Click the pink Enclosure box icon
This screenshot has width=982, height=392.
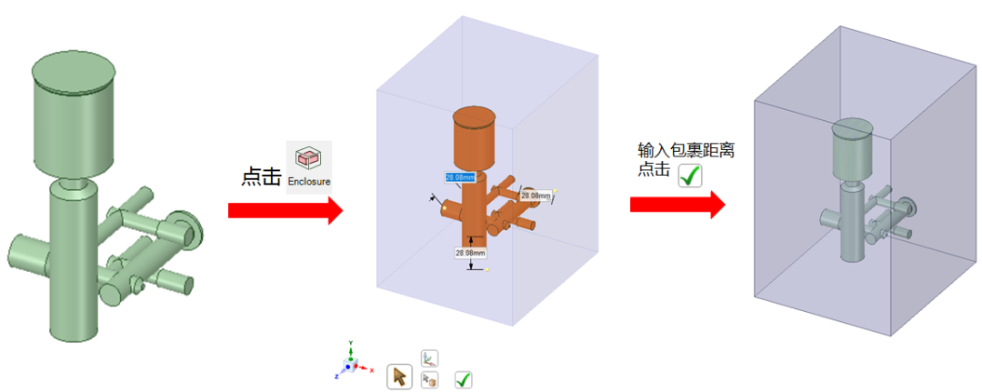point(309,159)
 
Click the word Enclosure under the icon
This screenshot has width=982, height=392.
point(309,182)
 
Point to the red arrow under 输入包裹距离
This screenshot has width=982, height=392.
point(677,205)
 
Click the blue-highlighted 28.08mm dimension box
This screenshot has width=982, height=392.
point(460,177)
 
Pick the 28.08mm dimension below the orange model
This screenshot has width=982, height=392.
point(470,252)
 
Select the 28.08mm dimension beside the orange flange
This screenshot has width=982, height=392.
point(536,196)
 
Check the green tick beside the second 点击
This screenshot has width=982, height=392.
point(690,176)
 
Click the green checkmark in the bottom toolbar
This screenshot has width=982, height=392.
point(464,379)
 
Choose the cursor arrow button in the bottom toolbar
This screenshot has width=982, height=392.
point(399,377)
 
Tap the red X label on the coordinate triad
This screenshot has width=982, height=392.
point(372,370)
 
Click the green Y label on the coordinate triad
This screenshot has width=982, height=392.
point(351,343)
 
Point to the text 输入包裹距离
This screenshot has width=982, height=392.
point(686,151)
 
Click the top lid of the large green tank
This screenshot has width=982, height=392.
point(75,73)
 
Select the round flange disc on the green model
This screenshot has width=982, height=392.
point(190,229)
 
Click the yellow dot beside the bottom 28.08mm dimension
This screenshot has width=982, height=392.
point(487,270)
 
